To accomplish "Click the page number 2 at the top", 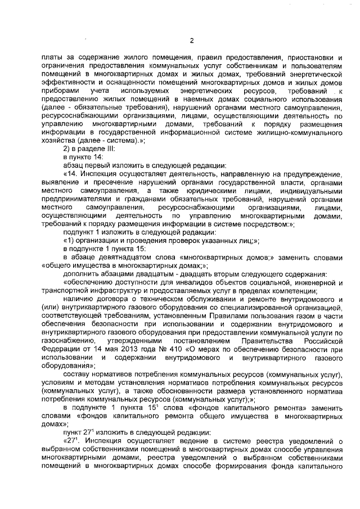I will coord(191,40).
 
